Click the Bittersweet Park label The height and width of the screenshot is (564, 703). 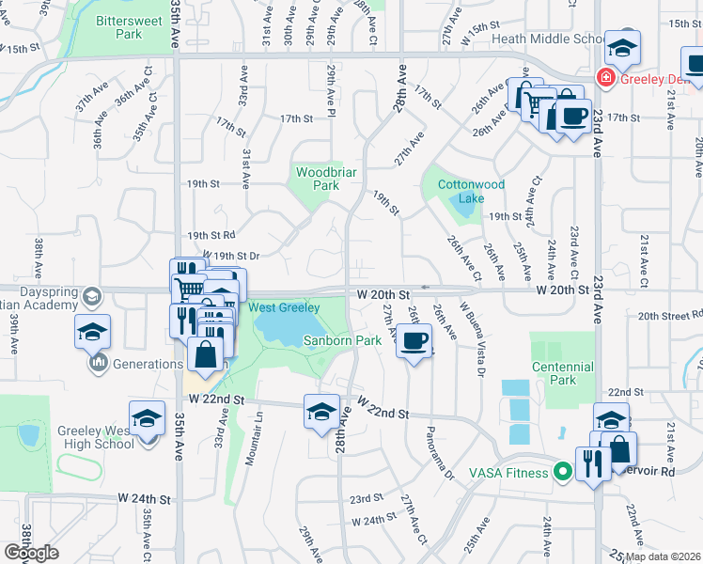pyautogui.click(x=118, y=26)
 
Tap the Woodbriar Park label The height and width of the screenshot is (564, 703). pyautogui.click(x=318, y=179)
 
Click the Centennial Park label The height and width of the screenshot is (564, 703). pyautogui.click(x=563, y=372)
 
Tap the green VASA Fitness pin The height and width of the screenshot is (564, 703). pyautogui.click(x=563, y=472)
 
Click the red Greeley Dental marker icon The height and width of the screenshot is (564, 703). pyautogui.click(x=608, y=77)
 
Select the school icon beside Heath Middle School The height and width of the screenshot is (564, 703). pyautogui.click(x=622, y=47)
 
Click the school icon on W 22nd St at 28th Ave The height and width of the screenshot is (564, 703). pyautogui.click(x=321, y=412)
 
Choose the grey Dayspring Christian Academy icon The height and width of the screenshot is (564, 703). pyautogui.click(x=91, y=297)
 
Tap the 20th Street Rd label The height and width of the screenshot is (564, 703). pyautogui.click(x=669, y=317)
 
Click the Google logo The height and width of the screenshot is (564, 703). pyautogui.click(x=31, y=553)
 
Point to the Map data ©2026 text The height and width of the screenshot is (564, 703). pyautogui.click(x=664, y=556)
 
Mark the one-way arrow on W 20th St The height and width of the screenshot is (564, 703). pyautogui.click(x=426, y=288)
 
